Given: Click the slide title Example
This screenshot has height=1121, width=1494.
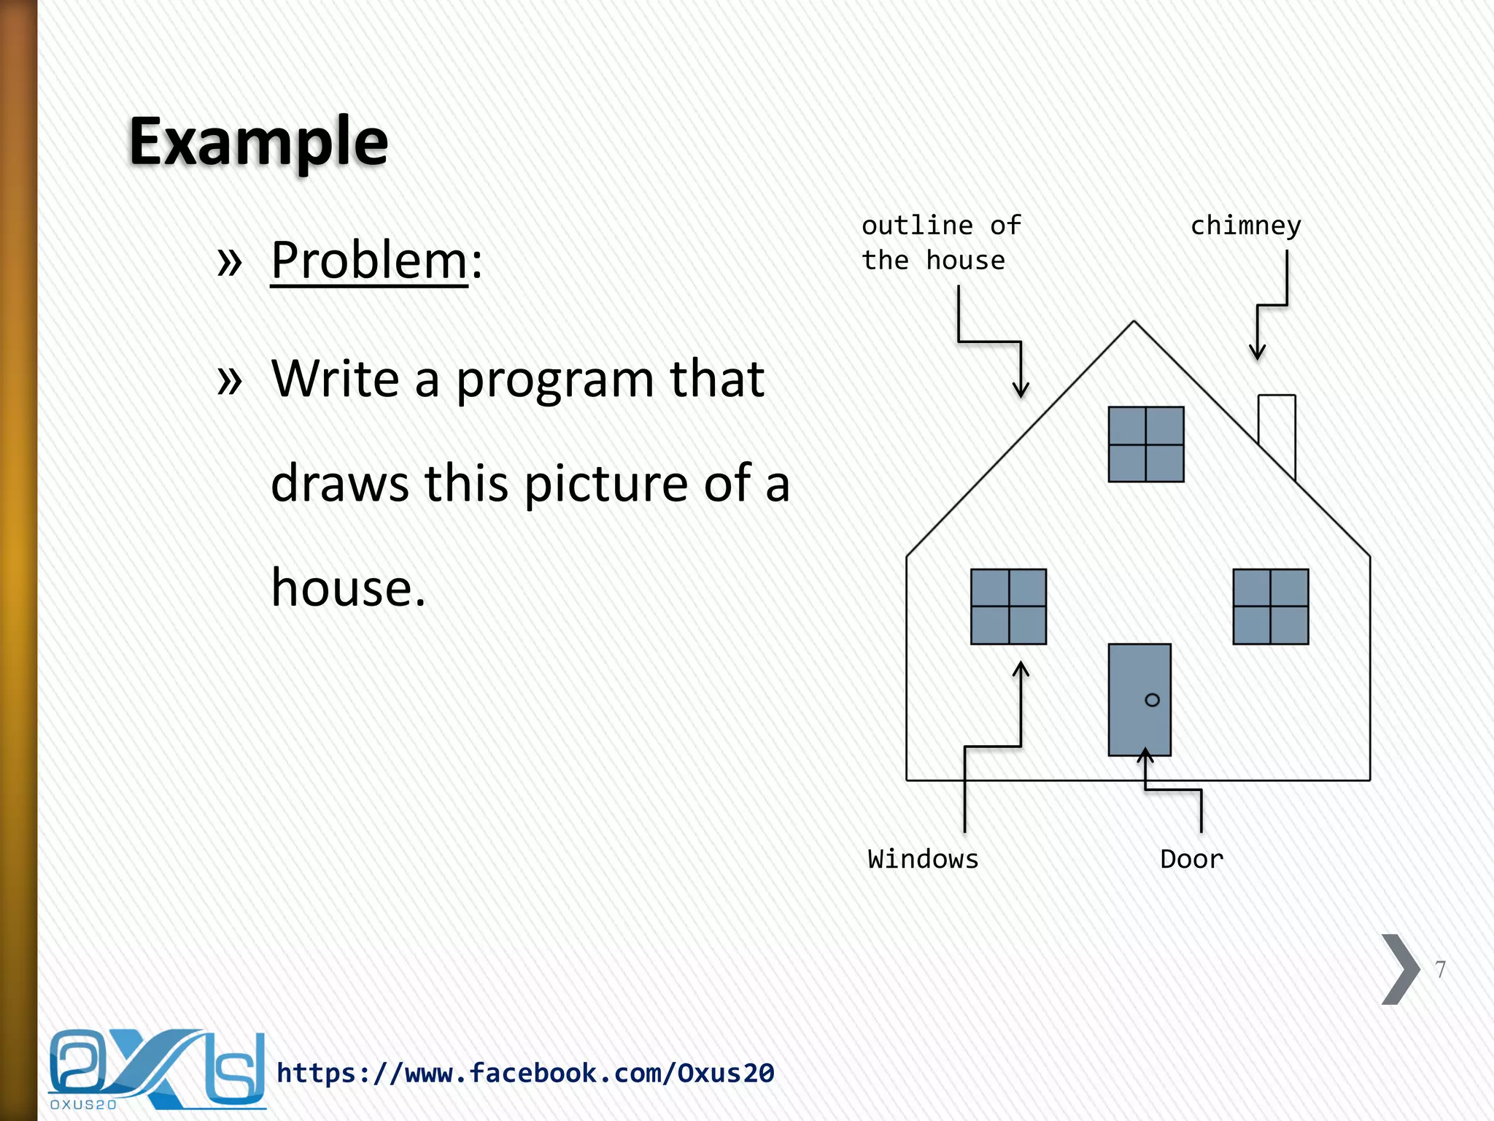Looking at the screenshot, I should coord(258,142).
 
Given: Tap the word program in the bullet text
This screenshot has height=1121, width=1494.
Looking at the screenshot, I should coord(554,380).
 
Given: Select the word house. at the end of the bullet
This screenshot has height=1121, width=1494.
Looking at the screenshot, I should coord(348,588).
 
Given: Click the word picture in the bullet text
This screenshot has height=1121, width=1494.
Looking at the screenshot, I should coord(605,484).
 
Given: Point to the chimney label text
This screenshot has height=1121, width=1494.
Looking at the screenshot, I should coord(1245,226).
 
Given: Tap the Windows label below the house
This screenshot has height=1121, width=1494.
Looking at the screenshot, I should coord(923,859).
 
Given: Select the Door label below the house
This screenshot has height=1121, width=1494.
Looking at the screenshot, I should coord(1191,859).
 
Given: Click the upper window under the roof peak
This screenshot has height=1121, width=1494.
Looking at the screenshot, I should coord(1145,444).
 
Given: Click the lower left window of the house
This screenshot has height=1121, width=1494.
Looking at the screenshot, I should coord(1008,606).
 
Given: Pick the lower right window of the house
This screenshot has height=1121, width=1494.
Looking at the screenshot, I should coord(1270,606).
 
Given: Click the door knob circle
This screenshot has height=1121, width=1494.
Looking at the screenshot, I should coord(1152,700).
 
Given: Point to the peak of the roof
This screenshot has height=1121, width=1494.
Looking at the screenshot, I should coord(1134,323).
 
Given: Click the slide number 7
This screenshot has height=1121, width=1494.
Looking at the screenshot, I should coord(1440,969).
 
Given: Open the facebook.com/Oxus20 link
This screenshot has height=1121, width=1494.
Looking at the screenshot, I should coord(525,1073).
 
